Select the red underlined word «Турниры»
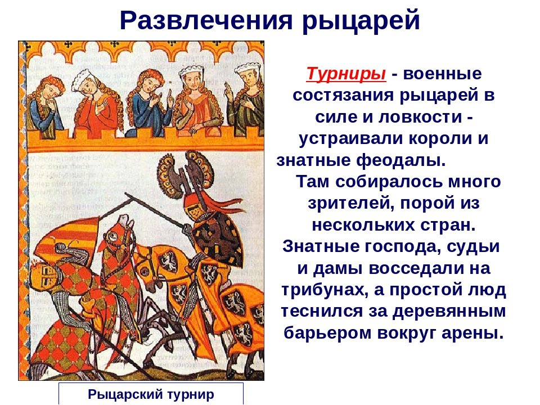(346, 74)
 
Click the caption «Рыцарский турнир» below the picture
(151, 394)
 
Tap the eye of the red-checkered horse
(114, 236)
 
